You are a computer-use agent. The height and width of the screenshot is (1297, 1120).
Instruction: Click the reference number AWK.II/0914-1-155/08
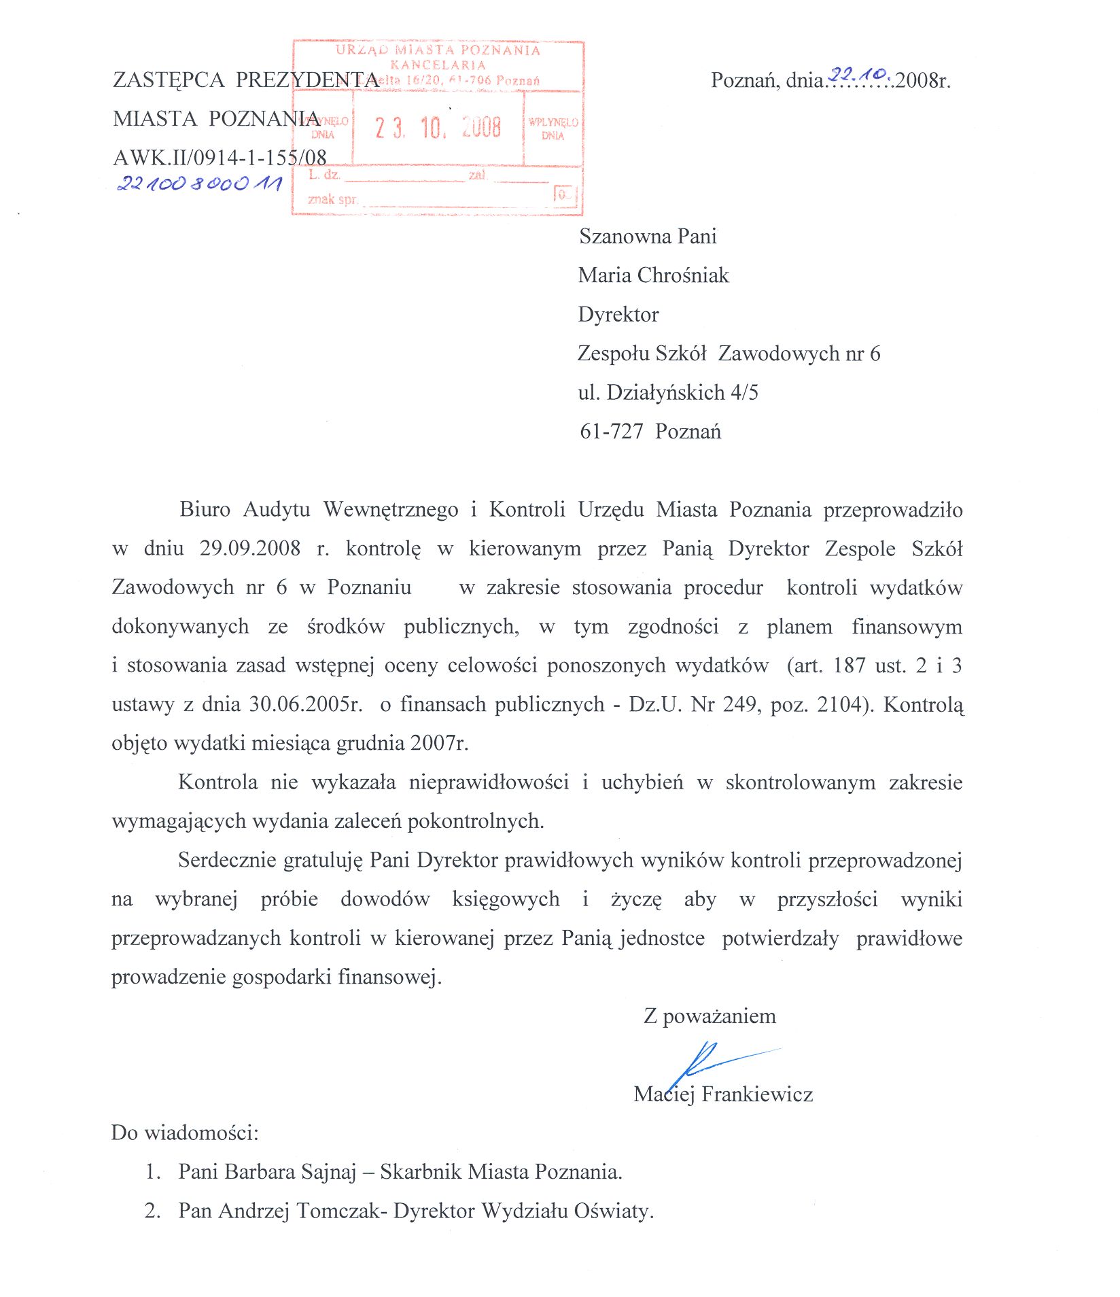click(x=220, y=158)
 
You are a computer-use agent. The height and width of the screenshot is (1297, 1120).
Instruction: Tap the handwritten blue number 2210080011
click(x=199, y=184)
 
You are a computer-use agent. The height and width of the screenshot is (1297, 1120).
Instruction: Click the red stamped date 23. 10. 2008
click(x=438, y=128)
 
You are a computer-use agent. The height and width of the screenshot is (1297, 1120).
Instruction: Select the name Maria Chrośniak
click(x=653, y=275)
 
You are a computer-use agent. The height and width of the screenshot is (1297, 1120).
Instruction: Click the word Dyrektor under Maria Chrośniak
click(x=618, y=314)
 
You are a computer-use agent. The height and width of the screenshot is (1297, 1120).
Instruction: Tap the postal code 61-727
click(x=611, y=432)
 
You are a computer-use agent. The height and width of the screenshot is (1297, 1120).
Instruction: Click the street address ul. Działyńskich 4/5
click(x=667, y=393)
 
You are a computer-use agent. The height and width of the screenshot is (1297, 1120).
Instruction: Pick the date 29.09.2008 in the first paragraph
click(x=249, y=549)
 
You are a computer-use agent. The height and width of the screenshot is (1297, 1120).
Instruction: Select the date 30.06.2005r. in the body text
click(x=306, y=704)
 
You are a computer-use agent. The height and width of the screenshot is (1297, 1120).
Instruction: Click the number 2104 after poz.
click(x=839, y=704)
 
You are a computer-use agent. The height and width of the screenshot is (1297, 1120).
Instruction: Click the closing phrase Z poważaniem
click(x=710, y=1016)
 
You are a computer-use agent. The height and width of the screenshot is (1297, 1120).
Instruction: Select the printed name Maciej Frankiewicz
click(x=723, y=1094)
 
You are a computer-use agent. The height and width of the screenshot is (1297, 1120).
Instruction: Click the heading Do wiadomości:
click(x=185, y=1133)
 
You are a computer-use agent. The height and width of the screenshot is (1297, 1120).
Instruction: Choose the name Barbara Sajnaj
click(x=290, y=1172)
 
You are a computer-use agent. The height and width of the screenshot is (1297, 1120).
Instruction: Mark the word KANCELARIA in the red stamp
click(x=438, y=65)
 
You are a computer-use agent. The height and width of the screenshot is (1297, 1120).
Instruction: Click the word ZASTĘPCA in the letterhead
click(x=169, y=80)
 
